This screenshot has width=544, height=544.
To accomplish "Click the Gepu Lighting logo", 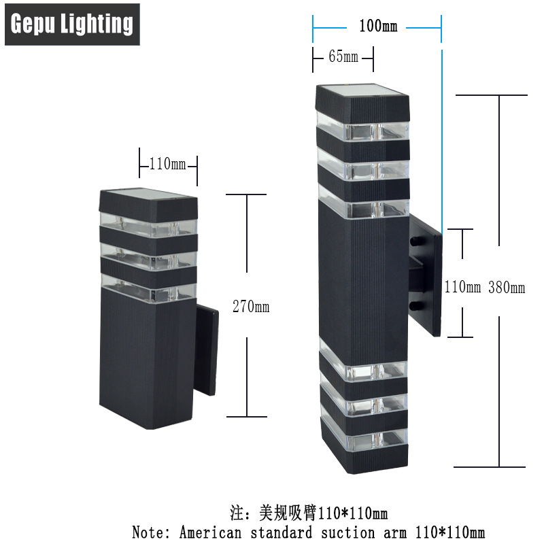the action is click(72, 24).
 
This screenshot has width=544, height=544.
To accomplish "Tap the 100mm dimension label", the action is click(378, 27).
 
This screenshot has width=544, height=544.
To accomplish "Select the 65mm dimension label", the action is click(343, 56).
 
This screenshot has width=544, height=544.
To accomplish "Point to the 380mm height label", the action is click(507, 288).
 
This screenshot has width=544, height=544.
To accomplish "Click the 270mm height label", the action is click(251, 307).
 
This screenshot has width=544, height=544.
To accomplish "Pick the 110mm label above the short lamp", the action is click(167, 163).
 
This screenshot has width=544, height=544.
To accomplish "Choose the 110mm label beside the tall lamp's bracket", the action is click(462, 287).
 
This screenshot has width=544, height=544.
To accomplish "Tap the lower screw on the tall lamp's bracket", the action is click(415, 305).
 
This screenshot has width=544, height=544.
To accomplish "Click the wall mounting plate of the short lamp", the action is click(207, 350).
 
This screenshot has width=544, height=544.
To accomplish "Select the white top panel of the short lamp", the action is click(149, 194).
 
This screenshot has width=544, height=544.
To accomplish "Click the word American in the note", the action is click(210, 532).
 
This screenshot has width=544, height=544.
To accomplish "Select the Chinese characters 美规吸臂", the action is click(288, 513).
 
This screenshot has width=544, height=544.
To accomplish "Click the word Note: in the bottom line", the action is click(151, 532).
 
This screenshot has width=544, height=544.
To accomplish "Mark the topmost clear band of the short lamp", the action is click(149, 225).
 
